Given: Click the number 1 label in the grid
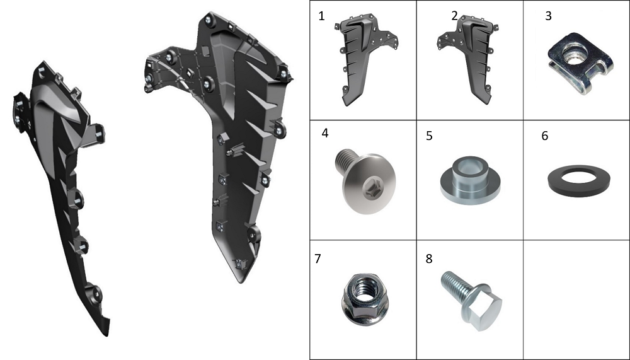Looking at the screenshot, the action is [321, 16].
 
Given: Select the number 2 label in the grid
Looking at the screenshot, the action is [454, 16].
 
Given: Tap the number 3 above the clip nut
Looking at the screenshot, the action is [549, 16].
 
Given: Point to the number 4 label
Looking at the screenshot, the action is [325, 133].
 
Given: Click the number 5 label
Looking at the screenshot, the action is [429, 136].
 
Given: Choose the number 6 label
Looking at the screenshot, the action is [545, 136].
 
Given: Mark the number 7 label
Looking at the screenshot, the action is [318, 258].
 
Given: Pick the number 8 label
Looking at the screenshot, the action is [429, 258].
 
